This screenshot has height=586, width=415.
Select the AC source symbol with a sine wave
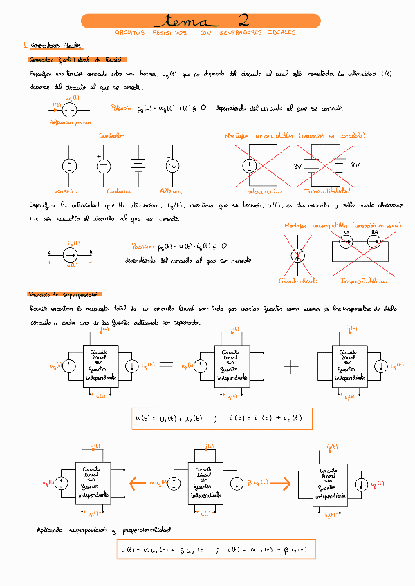point(172,166)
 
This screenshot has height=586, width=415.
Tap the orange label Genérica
point(66,190)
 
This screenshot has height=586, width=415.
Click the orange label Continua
point(104,190)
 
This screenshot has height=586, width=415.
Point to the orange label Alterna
point(171,190)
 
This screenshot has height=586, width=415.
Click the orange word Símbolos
point(111,135)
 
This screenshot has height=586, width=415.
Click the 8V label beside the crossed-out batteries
point(356,165)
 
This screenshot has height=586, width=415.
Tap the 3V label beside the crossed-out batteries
point(299,167)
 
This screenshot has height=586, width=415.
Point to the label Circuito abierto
point(297,281)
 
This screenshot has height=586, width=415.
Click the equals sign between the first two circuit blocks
point(166,365)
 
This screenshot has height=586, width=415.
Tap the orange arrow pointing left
point(138,483)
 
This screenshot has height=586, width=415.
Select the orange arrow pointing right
point(273,483)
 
